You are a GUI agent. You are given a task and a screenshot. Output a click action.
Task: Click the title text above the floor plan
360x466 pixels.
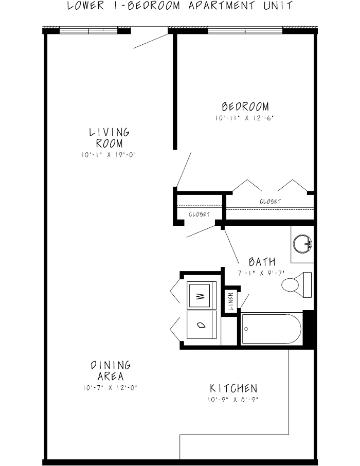coord(180,6)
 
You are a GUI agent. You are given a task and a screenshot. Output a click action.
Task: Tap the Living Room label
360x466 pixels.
coord(109,138)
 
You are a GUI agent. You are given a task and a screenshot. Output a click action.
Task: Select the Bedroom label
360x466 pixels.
coord(245,107)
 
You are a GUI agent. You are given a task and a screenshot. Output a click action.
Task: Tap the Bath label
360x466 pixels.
coord(262,262)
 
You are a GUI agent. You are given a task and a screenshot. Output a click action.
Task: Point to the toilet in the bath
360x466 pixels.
coord(296,284)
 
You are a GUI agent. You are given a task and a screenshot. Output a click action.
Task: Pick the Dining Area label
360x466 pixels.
coord(111,371)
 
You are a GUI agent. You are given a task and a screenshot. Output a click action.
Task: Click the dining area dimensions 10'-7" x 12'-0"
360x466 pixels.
coord(111,388)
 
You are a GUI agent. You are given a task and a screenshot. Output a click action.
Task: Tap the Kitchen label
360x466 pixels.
coord(233,388)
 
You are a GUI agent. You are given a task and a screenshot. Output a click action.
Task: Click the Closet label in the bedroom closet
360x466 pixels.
coord(270,202)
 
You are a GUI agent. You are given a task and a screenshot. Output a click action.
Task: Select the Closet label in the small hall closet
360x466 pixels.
coord(199,214)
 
